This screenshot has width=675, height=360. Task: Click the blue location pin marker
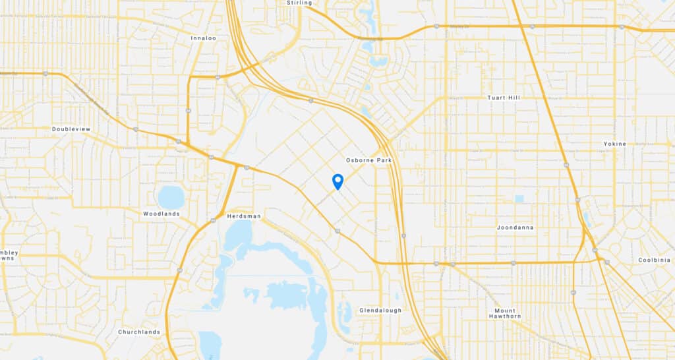(337, 181)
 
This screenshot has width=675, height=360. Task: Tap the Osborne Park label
(365, 160)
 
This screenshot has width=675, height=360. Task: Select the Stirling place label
(299, 3)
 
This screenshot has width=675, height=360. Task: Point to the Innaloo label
(203, 38)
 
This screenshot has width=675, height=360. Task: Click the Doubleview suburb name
(71, 129)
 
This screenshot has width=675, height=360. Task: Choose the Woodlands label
(161, 214)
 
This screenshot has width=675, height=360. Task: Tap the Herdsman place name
(244, 216)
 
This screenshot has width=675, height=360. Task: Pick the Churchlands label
(138, 332)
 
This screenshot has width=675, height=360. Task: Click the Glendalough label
(380, 310)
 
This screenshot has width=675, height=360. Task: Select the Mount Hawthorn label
(508, 313)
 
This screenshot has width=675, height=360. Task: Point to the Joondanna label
(515, 227)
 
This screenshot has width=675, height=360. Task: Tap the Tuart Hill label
(504, 98)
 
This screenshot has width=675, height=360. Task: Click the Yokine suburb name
(614, 144)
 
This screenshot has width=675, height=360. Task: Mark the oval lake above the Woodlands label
(171, 196)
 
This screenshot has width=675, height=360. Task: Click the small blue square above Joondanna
(519, 198)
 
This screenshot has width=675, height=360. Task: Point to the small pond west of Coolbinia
(586, 218)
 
